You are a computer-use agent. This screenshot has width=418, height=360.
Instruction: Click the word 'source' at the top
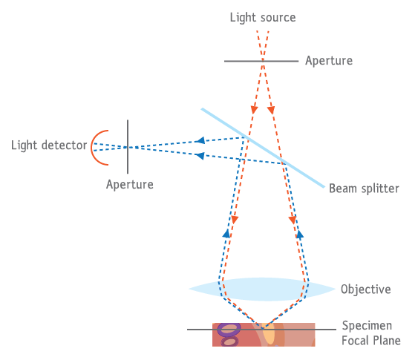coord(278,18)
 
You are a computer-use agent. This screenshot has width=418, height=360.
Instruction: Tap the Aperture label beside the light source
coord(329,61)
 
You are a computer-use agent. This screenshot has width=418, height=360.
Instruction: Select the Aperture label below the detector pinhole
coord(130,185)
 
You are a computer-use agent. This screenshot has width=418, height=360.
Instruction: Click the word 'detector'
coord(65,145)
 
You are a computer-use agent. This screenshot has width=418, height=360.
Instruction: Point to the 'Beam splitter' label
coord(364,189)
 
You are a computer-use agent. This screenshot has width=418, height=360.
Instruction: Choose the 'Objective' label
coord(366,289)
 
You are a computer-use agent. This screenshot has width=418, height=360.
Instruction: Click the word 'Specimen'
coord(367,326)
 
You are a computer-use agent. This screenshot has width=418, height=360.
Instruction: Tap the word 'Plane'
coord(387,341)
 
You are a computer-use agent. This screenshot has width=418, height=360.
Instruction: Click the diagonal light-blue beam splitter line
coord(263,148)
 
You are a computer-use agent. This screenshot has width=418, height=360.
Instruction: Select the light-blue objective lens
coord(262,289)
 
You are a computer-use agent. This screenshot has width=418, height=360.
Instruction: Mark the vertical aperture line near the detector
coord(128,147)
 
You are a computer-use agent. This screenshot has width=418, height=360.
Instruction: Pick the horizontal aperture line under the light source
coord(261,61)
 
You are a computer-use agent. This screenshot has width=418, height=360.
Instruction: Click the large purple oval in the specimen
coord(229,330)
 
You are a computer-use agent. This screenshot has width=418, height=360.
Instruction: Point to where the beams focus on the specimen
coord(263,328)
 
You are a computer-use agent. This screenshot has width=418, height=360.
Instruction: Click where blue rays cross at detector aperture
coord(128,147)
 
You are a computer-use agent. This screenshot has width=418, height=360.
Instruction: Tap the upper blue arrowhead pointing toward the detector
coord(200,140)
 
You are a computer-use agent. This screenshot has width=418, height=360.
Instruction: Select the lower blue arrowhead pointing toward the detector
coord(200,156)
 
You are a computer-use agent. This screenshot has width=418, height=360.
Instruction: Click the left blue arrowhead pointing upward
coord(226,234)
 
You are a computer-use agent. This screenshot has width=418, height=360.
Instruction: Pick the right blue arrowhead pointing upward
coord(300,235)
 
